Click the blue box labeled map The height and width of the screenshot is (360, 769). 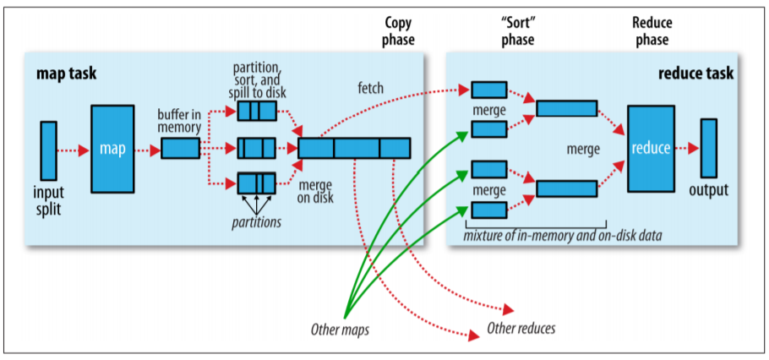(112, 149)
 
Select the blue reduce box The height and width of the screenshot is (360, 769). (651, 149)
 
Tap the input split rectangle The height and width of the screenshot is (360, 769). (48, 150)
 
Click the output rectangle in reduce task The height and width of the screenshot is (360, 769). (708, 148)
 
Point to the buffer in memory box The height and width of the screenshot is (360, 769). (180, 149)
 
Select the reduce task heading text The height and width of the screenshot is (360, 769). (695, 74)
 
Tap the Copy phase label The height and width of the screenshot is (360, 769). (398, 31)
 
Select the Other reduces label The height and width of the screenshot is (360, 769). (521, 328)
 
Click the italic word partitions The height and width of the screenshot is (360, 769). (256, 222)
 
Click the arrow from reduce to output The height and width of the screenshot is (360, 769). (687, 149)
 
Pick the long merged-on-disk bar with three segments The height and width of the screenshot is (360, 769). (354, 148)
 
